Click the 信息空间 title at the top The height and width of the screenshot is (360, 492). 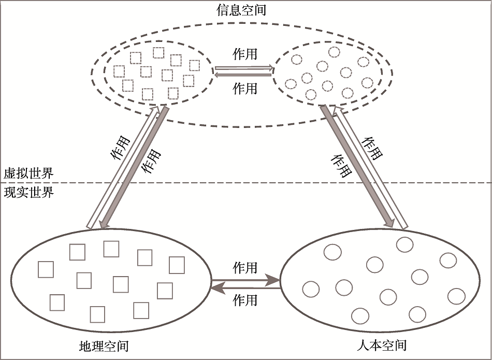(242, 9)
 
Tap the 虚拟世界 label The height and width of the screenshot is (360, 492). (28, 173)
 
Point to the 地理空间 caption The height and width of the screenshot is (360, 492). (104, 345)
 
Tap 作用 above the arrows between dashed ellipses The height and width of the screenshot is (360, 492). (245, 54)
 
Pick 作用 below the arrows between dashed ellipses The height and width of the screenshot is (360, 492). (245, 88)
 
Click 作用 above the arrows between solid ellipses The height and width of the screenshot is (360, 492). (245, 267)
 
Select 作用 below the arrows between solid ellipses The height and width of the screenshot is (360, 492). (245, 299)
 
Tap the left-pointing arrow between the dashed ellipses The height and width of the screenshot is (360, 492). (243, 75)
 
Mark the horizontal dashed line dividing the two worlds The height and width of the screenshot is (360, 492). (259, 182)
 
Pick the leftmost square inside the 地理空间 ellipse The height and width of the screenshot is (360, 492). (46, 269)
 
